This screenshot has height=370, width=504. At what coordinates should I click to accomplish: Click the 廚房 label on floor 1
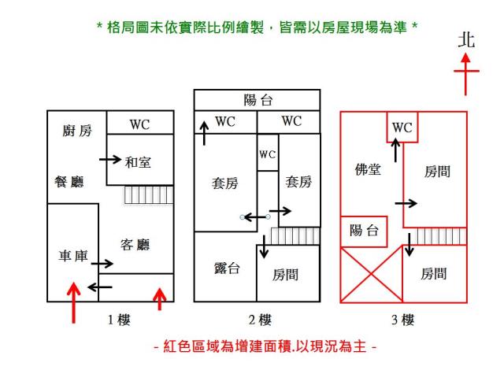click(x=77, y=131)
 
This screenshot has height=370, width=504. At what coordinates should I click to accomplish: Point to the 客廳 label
click(x=135, y=245)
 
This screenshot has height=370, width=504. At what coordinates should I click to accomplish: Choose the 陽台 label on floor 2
click(x=258, y=100)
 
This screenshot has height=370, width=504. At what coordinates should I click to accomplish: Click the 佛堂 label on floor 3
click(x=369, y=169)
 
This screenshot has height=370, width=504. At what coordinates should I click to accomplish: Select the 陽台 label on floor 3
click(x=364, y=230)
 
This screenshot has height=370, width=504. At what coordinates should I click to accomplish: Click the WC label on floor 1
click(x=139, y=124)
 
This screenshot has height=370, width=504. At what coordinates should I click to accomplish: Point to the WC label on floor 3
click(x=402, y=128)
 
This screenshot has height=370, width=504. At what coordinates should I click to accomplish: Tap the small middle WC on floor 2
click(x=268, y=154)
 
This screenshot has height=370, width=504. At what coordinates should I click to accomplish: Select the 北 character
click(x=467, y=41)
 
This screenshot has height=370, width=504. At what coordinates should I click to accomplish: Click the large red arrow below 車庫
click(x=73, y=303)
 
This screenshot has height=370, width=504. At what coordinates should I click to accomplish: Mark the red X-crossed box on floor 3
click(x=371, y=274)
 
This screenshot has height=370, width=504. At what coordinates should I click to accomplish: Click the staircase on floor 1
click(x=148, y=194)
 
